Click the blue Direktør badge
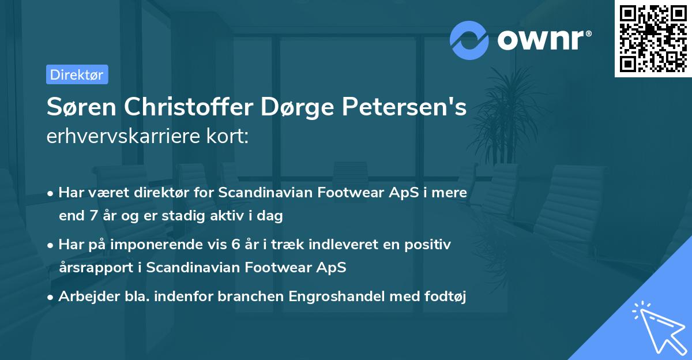pos(77,74)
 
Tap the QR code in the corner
pos(652,39)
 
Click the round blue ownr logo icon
pos(469,40)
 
